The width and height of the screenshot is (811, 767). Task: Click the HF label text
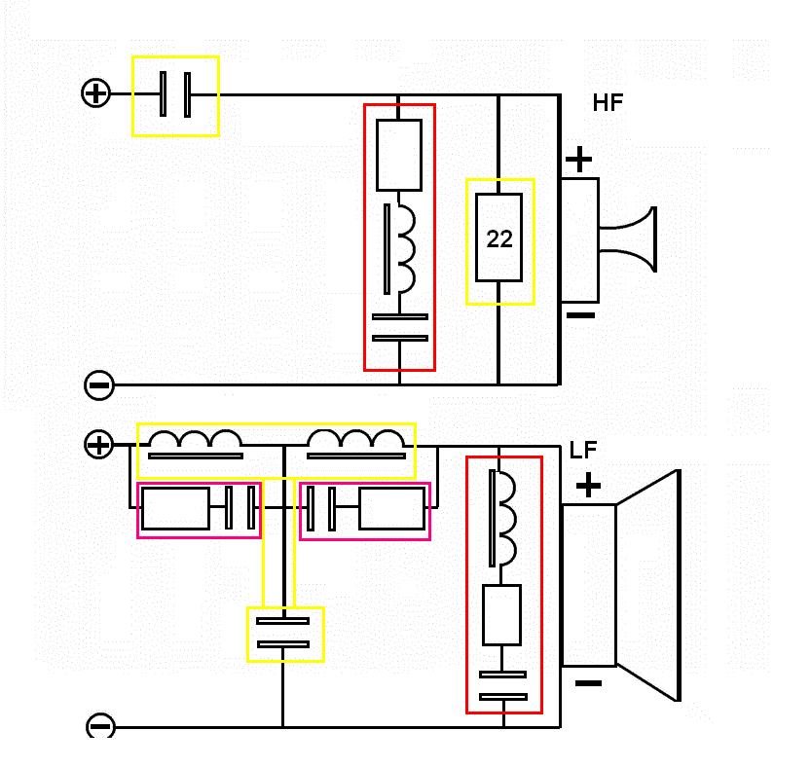click(x=608, y=103)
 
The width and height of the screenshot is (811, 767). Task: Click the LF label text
click(x=583, y=451)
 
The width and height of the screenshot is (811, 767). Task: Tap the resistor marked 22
click(x=499, y=238)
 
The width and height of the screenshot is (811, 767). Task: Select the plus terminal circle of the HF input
click(x=95, y=93)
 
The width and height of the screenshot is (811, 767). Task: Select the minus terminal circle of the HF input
click(x=99, y=385)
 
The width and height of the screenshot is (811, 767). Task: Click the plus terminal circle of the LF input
click(x=99, y=446)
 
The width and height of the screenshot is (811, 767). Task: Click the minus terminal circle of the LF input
click(x=100, y=726)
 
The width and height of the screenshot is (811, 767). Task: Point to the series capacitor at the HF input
click(x=175, y=94)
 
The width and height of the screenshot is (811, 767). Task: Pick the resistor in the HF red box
click(x=399, y=155)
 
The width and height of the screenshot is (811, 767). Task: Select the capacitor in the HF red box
click(x=400, y=327)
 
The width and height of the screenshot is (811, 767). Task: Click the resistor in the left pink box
click(x=175, y=508)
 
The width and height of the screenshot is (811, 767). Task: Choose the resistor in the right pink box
click(x=392, y=508)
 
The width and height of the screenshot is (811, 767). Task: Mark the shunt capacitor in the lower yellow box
click(x=283, y=633)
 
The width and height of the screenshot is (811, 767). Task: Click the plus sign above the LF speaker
click(x=588, y=485)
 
